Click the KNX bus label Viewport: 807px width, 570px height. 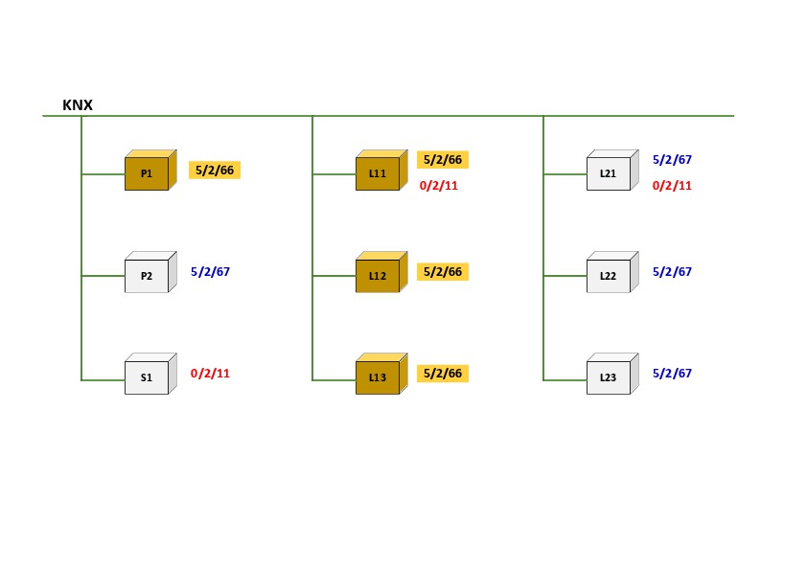(x=78, y=105)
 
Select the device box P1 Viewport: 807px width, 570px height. (x=148, y=173)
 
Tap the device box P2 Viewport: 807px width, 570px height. (x=148, y=275)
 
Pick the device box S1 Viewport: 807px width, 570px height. (x=148, y=377)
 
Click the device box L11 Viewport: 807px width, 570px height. (x=378, y=173)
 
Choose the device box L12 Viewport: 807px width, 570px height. (x=378, y=276)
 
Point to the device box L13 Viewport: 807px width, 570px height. (x=378, y=377)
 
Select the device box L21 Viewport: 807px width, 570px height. (x=609, y=173)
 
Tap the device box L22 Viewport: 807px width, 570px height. (x=609, y=276)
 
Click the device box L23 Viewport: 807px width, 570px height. (x=609, y=377)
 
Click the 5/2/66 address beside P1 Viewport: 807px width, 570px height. (x=215, y=171)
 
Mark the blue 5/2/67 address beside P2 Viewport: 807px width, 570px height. (x=211, y=272)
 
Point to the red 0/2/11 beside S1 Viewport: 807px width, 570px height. (x=211, y=374)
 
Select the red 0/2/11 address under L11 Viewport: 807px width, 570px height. (x=439, y=186)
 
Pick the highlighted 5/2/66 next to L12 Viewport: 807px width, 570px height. (x=443, y=272)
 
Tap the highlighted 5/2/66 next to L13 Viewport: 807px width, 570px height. (x=443, y=374)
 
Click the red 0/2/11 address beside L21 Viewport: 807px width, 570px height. (x=672, y=186)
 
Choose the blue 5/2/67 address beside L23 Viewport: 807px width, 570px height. (x=672, y=374)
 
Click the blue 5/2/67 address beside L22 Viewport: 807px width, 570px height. (x=672, y=272)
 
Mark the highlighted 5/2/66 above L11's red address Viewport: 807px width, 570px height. (x=443, y=160)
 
